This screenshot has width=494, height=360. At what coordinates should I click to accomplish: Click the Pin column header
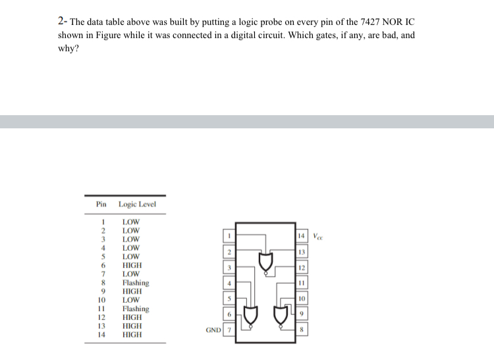pos(101,205)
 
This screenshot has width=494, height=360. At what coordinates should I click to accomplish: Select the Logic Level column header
pos(137,205)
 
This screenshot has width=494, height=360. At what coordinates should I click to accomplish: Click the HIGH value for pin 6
pos(132,265)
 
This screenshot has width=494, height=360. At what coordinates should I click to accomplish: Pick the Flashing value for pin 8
pos(136,283)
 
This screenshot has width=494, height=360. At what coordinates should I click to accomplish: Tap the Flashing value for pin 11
pos(136,309)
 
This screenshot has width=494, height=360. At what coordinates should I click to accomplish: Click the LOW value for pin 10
pos(130,300)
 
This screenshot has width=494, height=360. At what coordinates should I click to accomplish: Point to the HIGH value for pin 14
pos(132,334)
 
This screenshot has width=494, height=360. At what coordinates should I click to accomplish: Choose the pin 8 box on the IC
pos(302,329)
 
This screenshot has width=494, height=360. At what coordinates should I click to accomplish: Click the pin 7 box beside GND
pos(229,329)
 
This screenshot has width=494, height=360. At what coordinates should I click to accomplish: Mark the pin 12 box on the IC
pos(302,268)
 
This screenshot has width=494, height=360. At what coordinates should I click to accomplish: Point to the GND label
pos(213,329)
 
